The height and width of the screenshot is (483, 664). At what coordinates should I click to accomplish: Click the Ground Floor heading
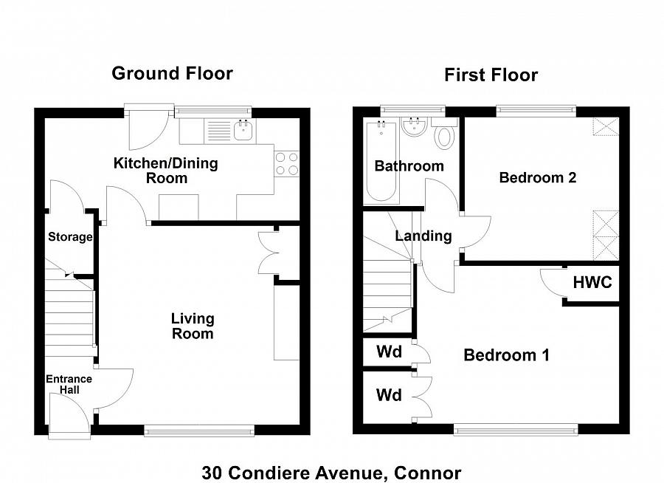click(x=172, y=73)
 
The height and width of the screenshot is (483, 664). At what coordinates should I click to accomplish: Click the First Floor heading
click(x=491, y=75)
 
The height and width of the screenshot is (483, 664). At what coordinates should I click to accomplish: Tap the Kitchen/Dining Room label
click(x=166, y=171)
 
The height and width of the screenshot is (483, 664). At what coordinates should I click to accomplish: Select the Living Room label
click(x=193, y=326)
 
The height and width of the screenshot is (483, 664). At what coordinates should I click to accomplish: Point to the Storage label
click(x=70, y=236)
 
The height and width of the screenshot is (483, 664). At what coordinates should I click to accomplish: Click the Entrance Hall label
click(x=69, y=384)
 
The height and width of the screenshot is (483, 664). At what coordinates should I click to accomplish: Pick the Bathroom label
click(x=409, y=166)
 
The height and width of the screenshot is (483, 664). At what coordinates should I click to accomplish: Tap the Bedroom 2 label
click(x=538, y=177)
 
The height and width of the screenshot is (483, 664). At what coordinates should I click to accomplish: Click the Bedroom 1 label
click(x=506, y=355)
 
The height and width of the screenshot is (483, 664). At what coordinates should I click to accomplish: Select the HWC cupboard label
click(x=592, y=282)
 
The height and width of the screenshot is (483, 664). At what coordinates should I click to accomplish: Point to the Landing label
click(x=423, y=236)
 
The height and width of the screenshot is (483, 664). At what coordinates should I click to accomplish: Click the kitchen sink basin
click(x=244, y=130)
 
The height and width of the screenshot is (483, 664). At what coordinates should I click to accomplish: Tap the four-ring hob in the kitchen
click(x=287, y=164)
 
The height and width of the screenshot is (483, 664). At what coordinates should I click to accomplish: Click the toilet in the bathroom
click(x=444, y=133)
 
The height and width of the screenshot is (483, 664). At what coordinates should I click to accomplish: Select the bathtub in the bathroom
click(x=381, y=161)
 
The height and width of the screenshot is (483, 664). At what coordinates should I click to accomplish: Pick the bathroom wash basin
click(x=413, y=127)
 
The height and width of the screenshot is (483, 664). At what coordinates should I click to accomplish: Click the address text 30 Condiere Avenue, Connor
click(x=331, y=473)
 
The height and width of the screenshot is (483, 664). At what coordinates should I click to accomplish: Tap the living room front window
click(x=199, y=431)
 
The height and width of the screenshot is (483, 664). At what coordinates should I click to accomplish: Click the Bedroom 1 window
click(x=516, y=430)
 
